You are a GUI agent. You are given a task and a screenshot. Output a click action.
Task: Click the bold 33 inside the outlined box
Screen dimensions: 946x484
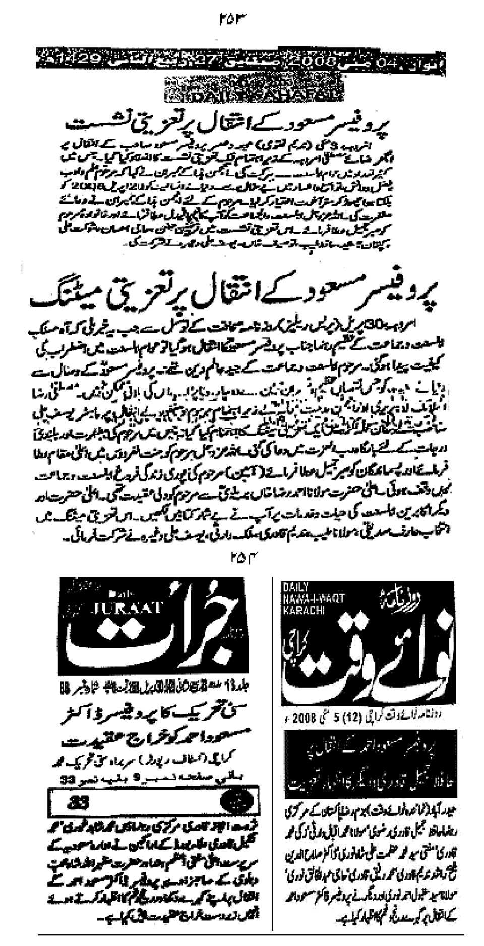tap(79, 802)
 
